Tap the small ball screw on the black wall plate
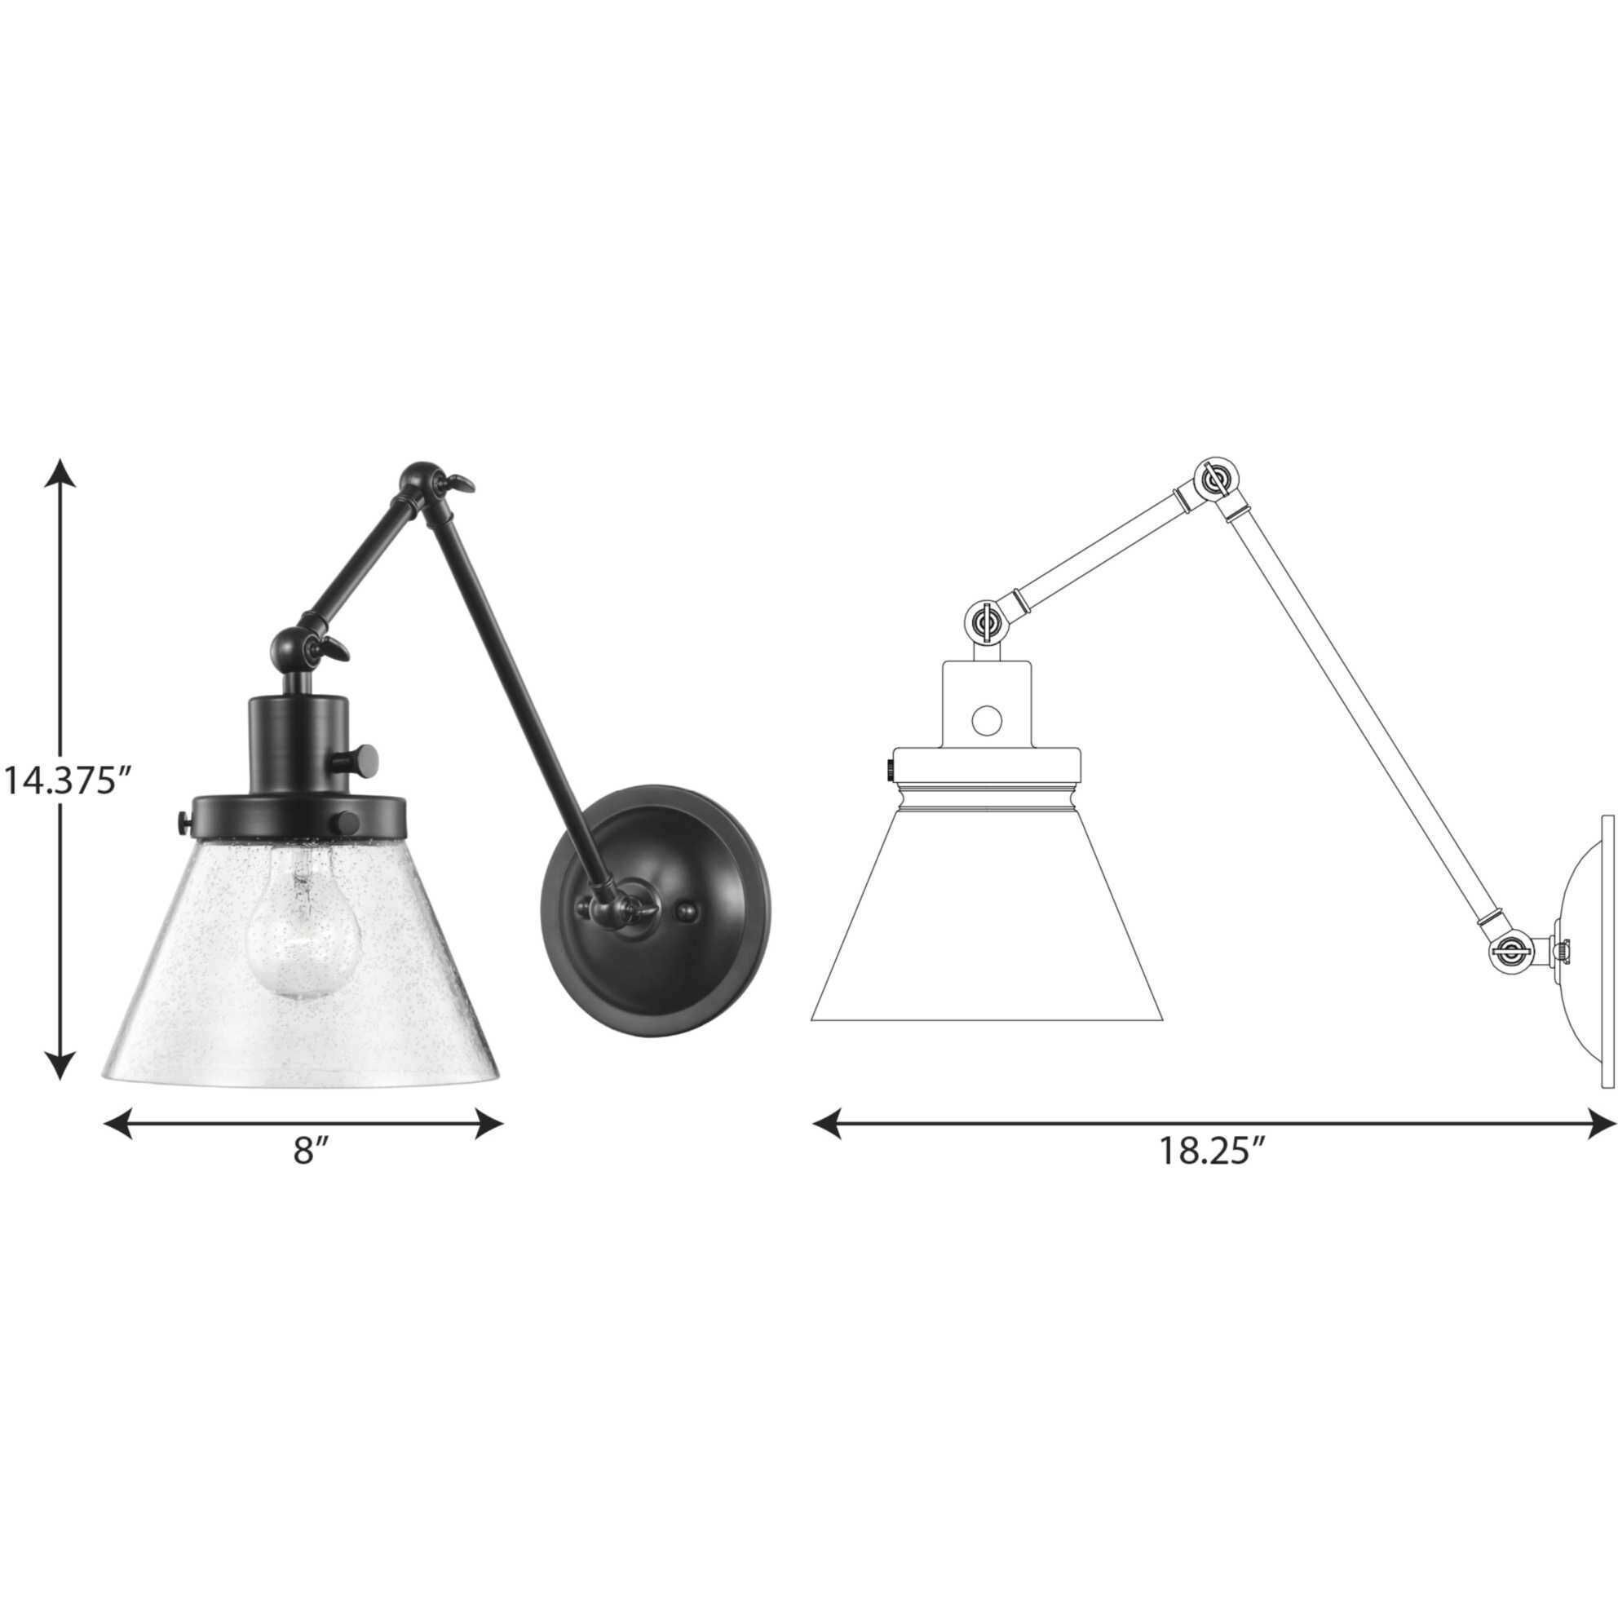[x=685, y=910]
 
